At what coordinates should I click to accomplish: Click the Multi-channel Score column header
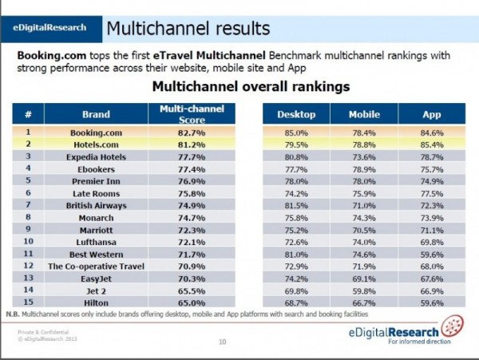[x=192, y=113]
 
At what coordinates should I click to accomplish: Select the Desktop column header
[x=295, y=114]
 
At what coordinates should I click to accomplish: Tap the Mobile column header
[x=363, y=114]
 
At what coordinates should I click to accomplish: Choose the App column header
[x=431, y=114]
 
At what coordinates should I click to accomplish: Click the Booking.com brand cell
[x=95, y=132]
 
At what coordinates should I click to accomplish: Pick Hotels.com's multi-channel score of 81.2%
[x=192, y=144]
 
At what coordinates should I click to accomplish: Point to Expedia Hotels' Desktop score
[x=295, y=157]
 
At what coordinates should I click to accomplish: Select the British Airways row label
[x=95, y=204]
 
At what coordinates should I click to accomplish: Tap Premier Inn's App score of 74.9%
[x=431, y=181]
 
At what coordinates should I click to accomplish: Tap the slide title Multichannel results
[x=188, y=30]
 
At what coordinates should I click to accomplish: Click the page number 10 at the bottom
[x=222, y=342]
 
